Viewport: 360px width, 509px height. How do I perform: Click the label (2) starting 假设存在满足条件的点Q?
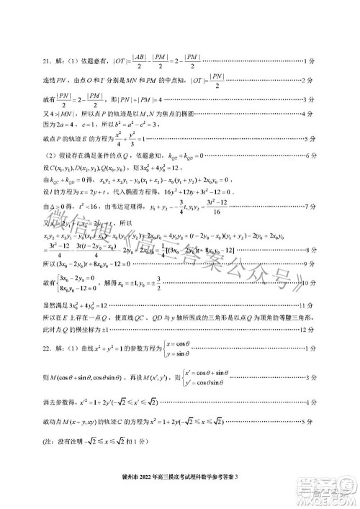tap(101, 155)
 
